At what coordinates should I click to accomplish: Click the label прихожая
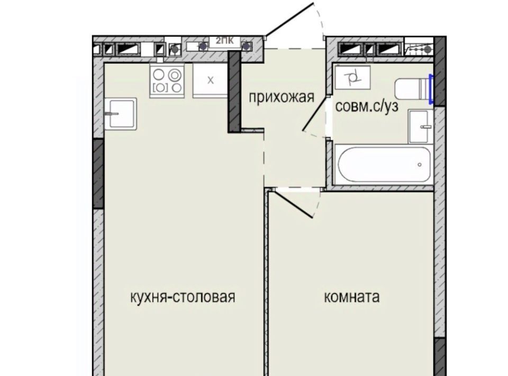point(282,97)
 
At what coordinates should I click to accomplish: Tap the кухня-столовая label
point(183,297)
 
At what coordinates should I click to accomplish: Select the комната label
point(352,297)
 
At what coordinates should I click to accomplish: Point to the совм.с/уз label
point(367,106)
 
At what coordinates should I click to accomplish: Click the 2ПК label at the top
point(224,41)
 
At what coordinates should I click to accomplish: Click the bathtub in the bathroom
point(384,165)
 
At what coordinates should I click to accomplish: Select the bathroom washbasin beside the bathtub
point(421,127)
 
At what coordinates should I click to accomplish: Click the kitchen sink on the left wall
point(121,114)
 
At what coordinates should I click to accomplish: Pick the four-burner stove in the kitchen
point(167,80)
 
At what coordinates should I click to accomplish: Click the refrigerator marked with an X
point(211,80)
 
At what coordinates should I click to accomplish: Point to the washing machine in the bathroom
point(353,77)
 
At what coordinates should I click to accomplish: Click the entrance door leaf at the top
point(290,19)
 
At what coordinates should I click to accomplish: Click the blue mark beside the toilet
point(431,89)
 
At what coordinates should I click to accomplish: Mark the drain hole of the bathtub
point(420,165)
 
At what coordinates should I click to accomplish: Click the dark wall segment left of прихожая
point(234,92)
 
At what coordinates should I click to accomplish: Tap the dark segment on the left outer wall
point(98,174)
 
